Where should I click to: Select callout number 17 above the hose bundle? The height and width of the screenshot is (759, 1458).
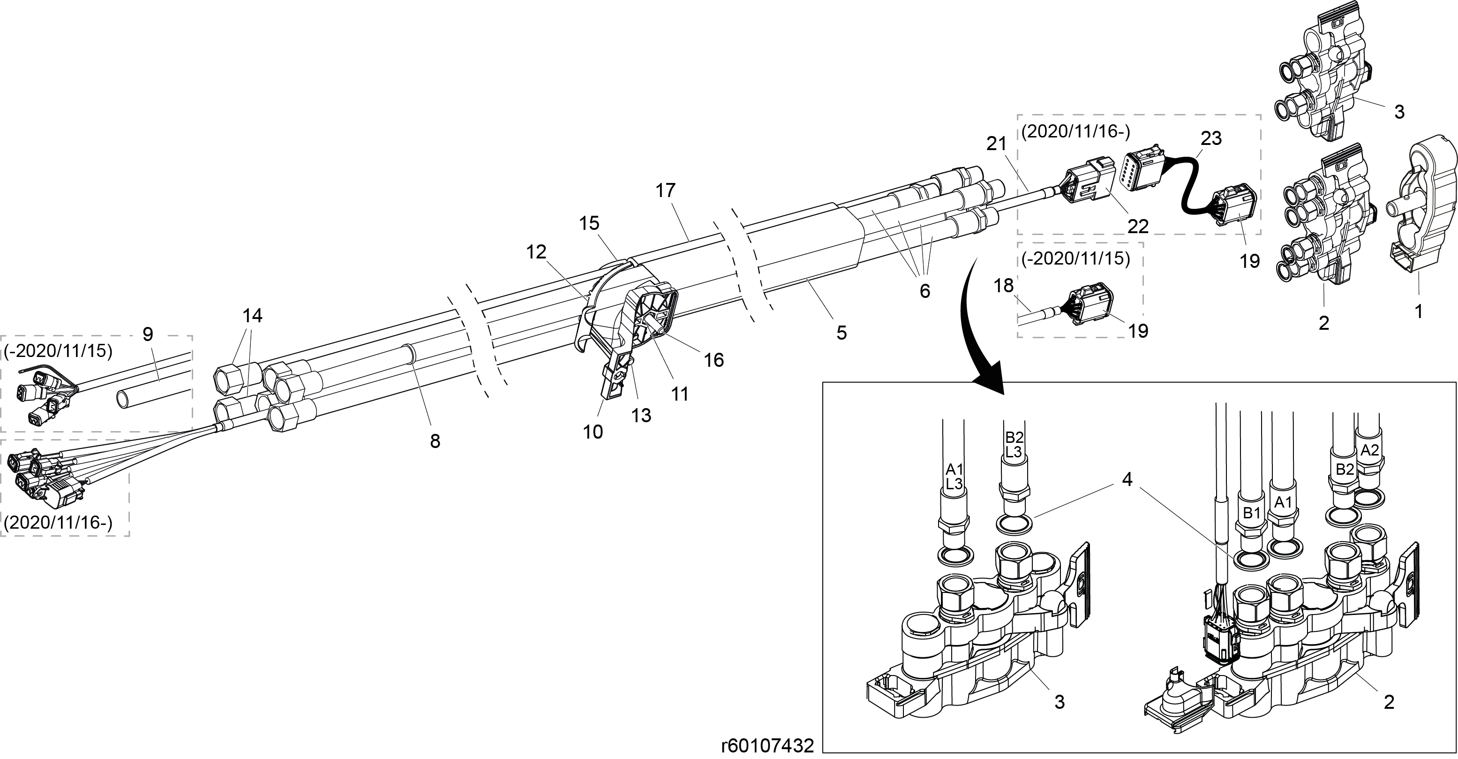coord(666,190)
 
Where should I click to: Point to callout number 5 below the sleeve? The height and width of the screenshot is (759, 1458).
coord(842,333)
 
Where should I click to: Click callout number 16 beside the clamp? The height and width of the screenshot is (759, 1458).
coord(714,360)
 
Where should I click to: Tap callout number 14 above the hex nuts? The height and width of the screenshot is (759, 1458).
coord(252,316)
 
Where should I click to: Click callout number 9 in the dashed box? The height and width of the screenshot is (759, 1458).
coord(148,334)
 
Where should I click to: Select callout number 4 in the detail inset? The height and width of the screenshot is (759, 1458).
coord(1127,480)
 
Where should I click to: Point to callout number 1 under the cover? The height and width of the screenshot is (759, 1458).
coord(1419,311)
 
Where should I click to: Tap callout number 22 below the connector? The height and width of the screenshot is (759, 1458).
coord(1138,226)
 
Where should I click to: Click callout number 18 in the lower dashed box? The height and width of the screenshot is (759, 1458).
coord(1004,286)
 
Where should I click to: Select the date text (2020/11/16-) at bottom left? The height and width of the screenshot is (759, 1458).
coord(58,522)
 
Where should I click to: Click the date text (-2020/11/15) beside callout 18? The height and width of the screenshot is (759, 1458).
coord(1076,259)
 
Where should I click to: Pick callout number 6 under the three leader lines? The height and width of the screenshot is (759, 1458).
coord(925,290)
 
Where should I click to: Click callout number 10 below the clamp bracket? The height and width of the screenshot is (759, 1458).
coord(593,432)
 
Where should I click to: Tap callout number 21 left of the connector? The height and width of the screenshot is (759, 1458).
coord(996,144)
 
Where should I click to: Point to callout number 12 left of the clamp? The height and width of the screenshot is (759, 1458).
coord(536,251)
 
